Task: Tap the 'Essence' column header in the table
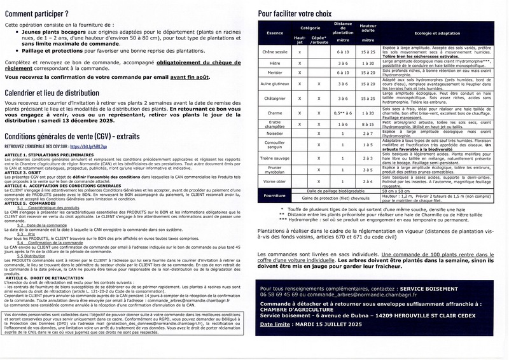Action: [x=275, y=32]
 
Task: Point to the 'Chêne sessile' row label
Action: [x=275, y=52]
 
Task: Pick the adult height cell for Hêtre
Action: [x=368, y=63]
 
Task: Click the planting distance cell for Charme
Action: [x=343, y=112]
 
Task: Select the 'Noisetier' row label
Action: [x=275, y=134]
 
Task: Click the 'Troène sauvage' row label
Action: [x=275, y=158]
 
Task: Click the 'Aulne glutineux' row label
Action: [x=275, y=83]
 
